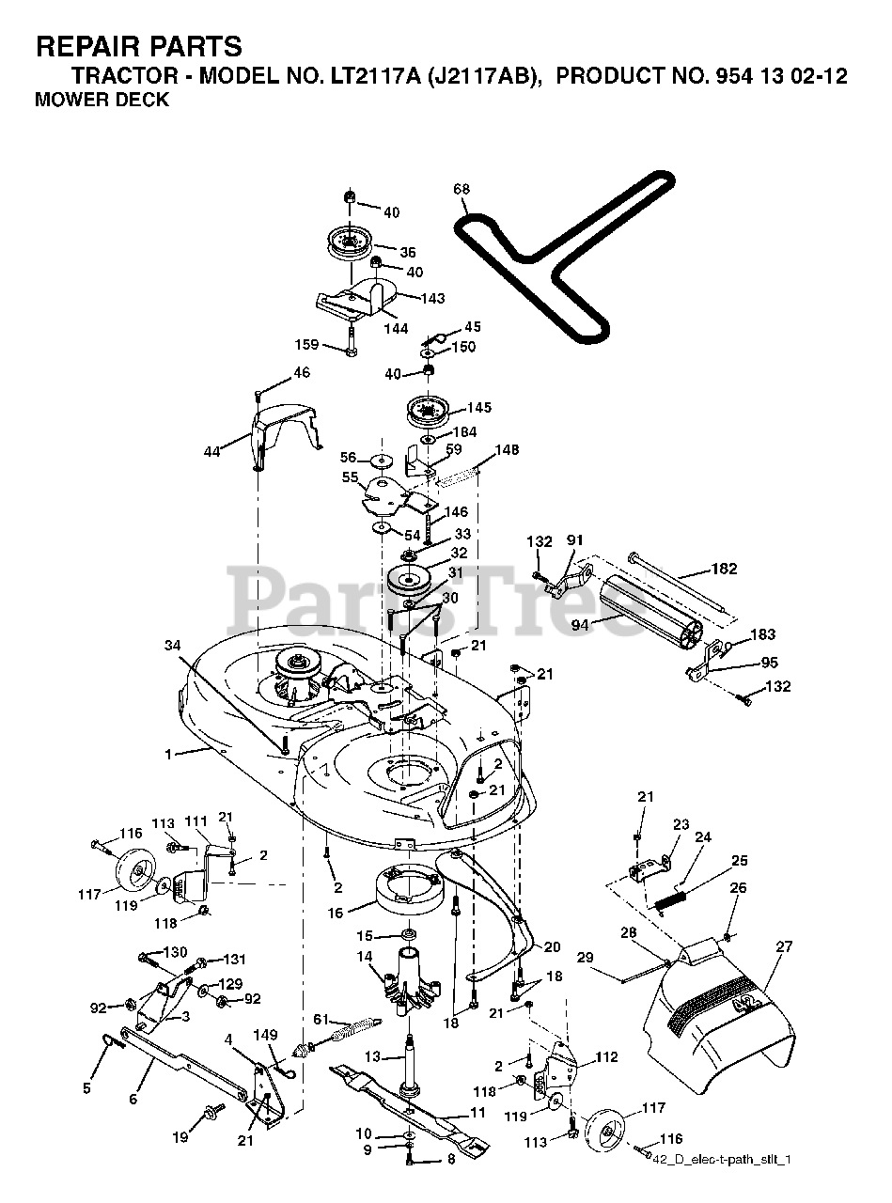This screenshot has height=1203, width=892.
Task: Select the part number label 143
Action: [x=433, y=298]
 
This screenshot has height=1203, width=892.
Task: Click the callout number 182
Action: [x=725, y=569]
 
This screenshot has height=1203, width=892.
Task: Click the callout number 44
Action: [x=212, y=451]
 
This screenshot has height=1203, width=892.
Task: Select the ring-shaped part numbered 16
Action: [x=406, y=886]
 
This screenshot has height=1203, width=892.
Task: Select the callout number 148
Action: [x=507, y=449]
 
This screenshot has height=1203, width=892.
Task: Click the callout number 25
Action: [x=740, y=860]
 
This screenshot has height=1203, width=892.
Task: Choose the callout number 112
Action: [x=606, y=1057]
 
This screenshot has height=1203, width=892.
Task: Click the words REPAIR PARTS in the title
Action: [x=138, y=46]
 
